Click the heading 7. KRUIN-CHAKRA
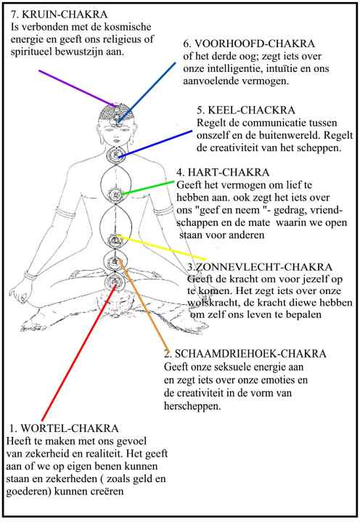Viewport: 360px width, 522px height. (x=59, y=15)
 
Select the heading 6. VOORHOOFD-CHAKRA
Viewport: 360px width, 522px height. (x=249, y=44)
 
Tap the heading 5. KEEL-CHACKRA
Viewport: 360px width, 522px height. (x=246, y=110)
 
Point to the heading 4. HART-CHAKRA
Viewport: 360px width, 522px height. (x=223, y=173)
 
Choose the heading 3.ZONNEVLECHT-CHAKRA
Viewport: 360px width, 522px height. (x=260, y=267)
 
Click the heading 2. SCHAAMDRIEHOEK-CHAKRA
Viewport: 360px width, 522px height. (x=245, y=354)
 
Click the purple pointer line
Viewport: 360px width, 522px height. (x=78, y=89)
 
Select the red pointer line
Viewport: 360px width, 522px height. (x=79, y=352)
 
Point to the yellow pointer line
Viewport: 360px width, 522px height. (x=161, y=248)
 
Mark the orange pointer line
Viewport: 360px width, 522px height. (x=144, y=303)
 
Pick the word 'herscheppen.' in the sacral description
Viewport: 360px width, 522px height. (x=192, y=406)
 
